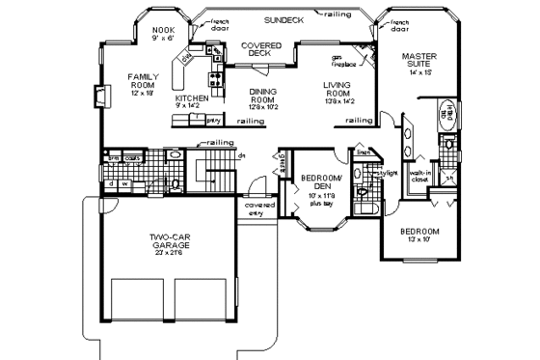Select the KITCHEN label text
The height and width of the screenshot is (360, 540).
tap(191, 98)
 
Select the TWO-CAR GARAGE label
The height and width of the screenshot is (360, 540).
tap(169, 240)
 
